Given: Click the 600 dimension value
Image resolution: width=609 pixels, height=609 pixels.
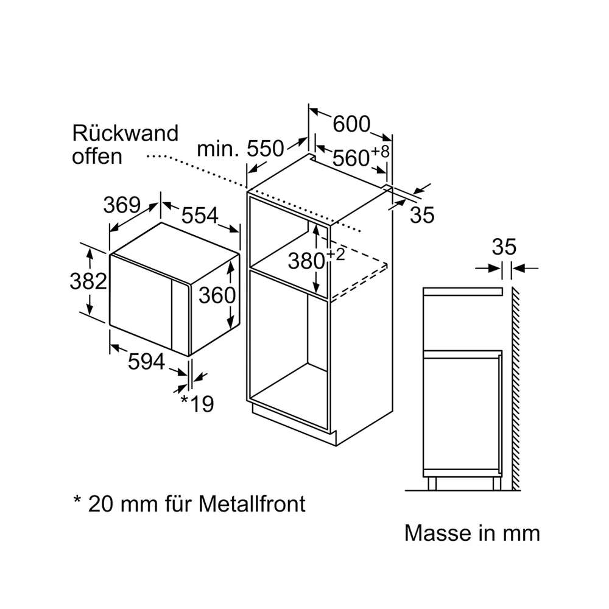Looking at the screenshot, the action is [x=351, y=124].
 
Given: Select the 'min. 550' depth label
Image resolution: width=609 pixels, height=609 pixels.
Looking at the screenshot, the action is [x=241, y=149].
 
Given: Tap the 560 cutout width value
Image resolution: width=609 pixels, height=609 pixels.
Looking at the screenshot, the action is [x=351, y=158].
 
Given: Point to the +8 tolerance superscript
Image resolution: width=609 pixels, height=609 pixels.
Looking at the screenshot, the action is [x=380, y=151].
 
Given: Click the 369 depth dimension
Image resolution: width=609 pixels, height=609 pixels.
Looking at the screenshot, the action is [x=122, y=205].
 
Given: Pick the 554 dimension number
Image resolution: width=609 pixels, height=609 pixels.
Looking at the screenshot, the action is [x=200, y=215].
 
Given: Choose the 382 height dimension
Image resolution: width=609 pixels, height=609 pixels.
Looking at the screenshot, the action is [x=88, y=281].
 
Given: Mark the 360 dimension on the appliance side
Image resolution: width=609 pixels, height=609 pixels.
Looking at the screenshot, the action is [x=217, y=295].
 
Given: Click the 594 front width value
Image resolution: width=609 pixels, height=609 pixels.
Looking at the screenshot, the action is [x=146, y=362].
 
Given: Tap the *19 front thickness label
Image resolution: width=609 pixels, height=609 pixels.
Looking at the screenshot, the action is [x=197, y=404].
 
